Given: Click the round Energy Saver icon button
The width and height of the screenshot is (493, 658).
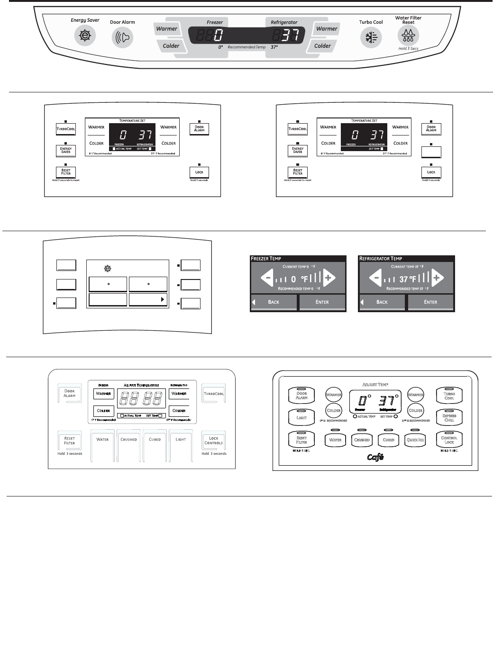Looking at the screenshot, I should point(85,36).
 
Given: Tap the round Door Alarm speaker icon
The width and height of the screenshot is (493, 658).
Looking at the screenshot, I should point(122,37).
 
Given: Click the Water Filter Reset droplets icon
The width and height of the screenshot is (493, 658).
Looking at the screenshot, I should point(408,35).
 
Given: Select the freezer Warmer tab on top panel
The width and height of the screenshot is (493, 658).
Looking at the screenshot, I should point(167,29).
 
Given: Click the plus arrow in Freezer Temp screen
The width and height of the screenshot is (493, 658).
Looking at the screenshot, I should point(328,278).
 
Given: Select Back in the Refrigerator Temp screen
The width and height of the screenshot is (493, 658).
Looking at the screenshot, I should point(382,302).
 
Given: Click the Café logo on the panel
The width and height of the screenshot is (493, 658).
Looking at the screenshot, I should point(375,457).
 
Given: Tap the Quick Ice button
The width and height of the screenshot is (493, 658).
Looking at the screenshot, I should point(415,440).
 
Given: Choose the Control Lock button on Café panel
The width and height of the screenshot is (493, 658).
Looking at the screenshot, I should point(449,440).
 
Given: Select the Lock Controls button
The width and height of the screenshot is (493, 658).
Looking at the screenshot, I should point(213,441).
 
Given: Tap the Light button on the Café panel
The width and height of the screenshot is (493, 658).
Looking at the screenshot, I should point(301,418).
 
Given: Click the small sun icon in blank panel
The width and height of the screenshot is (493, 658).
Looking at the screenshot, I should point(108,269).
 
